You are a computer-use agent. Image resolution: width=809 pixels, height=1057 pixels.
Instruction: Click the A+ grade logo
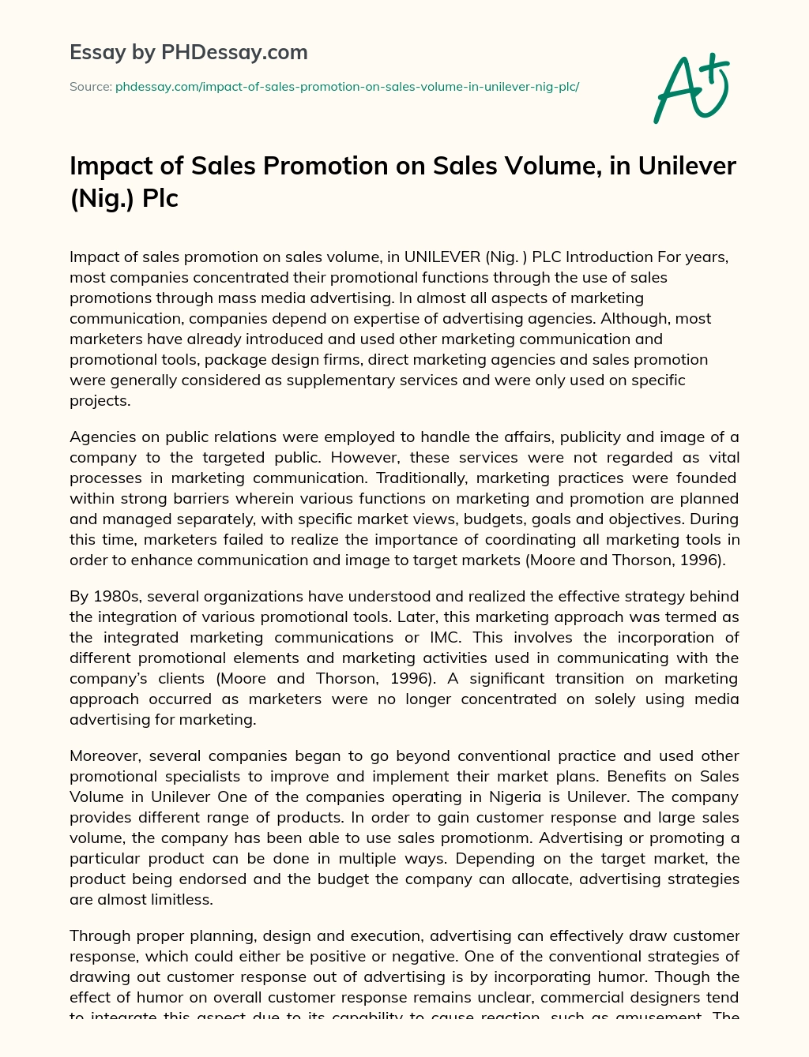691,88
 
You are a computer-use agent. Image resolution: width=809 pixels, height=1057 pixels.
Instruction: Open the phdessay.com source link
347,87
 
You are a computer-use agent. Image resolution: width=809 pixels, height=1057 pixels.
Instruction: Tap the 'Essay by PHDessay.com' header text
188,53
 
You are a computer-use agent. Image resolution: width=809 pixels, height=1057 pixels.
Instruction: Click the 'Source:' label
90,87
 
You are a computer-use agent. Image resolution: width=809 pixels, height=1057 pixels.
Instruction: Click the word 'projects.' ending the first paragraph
100,400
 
